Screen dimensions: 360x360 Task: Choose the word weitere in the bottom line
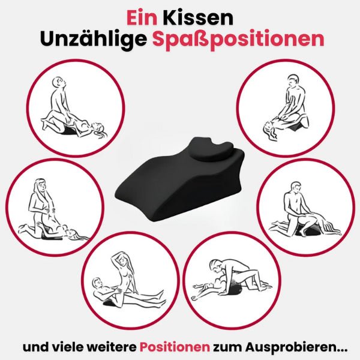point(113,347)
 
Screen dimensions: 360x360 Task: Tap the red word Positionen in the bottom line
point(175,347)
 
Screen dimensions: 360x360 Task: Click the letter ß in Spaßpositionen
point(194,39)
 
